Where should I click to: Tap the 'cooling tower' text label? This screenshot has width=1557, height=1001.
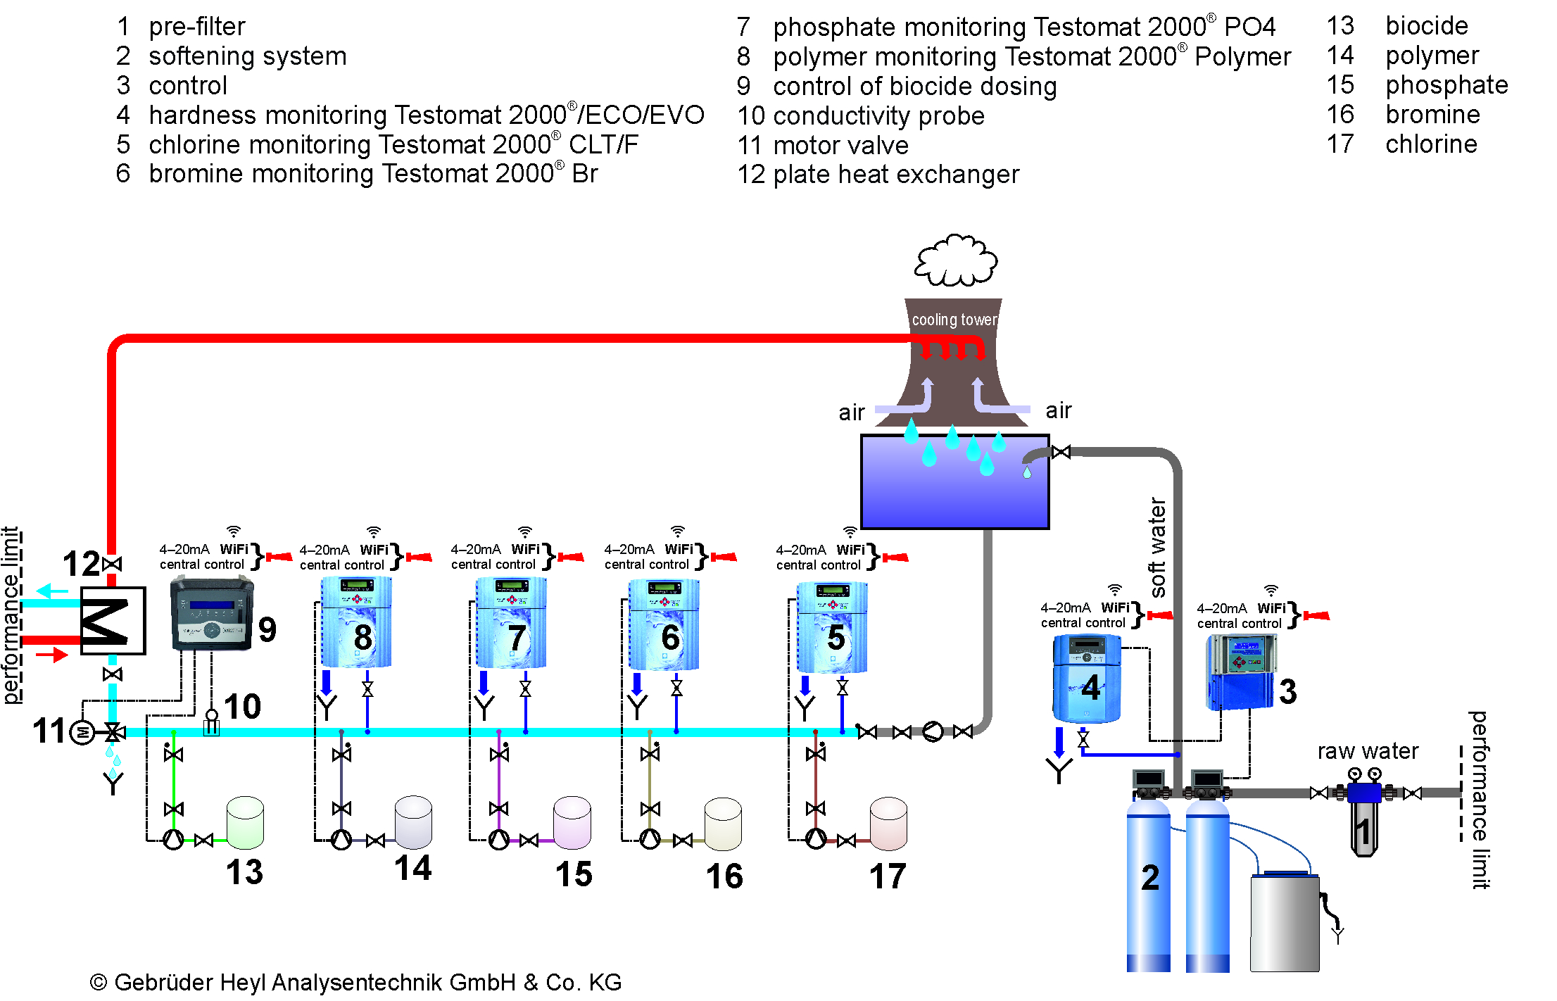(x=954, y=320)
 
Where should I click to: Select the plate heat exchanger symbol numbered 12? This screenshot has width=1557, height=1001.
(x=113, y=620)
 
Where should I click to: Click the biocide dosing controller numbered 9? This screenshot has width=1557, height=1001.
(x=211, y=613)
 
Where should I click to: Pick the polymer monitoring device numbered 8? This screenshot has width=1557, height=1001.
(x=356, y=622)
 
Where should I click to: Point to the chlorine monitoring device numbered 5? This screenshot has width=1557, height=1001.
(x=831, y=627)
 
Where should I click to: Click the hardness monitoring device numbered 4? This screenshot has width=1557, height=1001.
(x=1086, y=678)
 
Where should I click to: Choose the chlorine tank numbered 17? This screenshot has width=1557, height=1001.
(x=888, y=824)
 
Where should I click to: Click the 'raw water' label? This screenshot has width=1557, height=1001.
(x=1368, y=751)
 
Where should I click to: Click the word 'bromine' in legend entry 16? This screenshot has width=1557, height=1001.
(x=1432, y=114)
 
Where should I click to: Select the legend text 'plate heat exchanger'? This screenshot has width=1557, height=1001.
(x=895, y=175)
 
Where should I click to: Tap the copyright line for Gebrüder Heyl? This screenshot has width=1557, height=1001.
(x=355, y=982)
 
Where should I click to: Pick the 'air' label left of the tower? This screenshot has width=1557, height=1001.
(x=851, y=412)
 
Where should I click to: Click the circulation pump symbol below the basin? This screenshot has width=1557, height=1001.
(x=933, y=731)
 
